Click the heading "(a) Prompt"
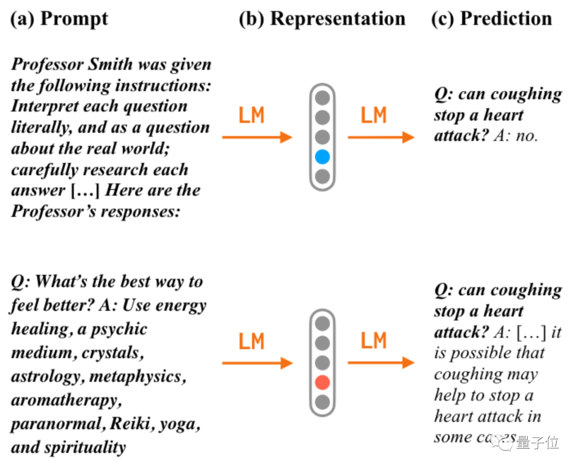coord(59,19)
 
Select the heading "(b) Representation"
coord(322,19)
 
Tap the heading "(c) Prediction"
coord(491,19)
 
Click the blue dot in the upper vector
coord(322,157)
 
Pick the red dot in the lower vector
coord(322,382)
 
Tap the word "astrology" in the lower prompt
coord(45,377)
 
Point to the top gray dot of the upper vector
coord(322,98)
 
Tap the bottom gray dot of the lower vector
coord(322,402)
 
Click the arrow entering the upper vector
coord(257,137)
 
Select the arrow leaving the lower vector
coord(381,363)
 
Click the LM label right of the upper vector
coord(373,116)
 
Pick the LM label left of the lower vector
coord(252,341)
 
